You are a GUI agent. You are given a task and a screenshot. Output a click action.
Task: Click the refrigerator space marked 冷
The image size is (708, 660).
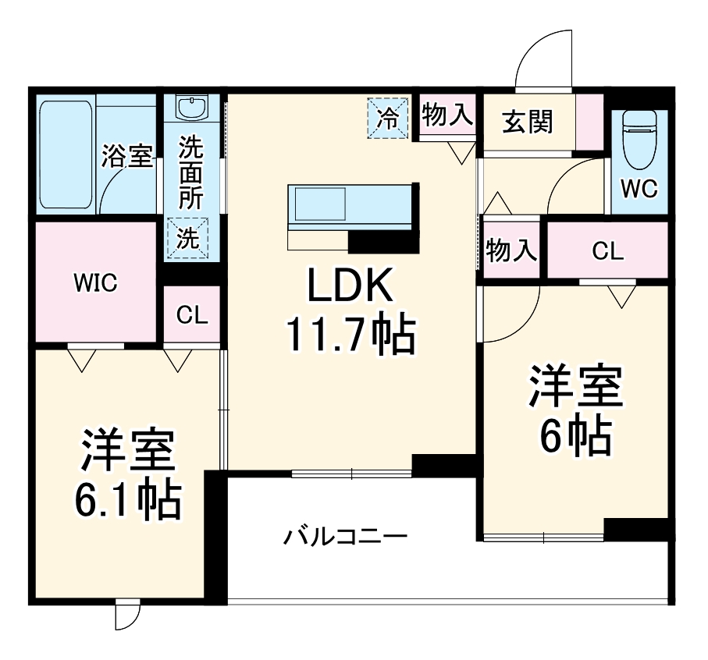[388, 118]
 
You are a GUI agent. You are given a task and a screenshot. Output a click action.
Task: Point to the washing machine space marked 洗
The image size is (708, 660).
[187, 239]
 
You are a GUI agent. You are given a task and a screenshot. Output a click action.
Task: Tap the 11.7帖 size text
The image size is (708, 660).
[348, 335]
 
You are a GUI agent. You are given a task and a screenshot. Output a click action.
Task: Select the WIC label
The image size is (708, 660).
[95, 283]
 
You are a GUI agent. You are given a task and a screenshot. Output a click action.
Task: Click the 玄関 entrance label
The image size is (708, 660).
[528, 122]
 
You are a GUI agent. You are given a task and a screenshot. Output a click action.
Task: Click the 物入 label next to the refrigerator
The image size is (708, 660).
[447, 115]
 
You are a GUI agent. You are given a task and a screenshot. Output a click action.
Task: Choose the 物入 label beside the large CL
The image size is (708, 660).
[511, 251]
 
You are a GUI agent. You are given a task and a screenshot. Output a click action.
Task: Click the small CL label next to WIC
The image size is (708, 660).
[192, 314]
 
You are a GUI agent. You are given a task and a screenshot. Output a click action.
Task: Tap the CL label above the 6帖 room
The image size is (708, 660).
[607, 251]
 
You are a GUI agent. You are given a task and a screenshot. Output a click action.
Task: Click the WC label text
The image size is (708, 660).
[639, 188]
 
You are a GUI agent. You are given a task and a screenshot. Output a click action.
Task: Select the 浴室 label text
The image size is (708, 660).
[126, 156]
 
